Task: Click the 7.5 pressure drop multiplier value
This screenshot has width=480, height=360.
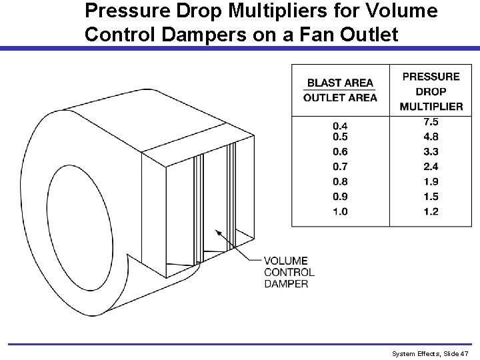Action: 431,121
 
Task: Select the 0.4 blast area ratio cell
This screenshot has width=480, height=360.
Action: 339,125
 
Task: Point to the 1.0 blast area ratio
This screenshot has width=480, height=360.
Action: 339,212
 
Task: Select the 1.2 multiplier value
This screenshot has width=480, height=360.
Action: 431,212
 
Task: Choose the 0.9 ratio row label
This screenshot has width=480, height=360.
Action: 339,197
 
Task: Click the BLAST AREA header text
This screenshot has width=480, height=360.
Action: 340,83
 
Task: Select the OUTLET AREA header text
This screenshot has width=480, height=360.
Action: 340,97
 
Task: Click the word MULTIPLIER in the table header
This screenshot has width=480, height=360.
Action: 431,106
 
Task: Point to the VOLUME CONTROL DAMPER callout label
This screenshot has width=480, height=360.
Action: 289,272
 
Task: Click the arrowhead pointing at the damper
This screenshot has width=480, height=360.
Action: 217,233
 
